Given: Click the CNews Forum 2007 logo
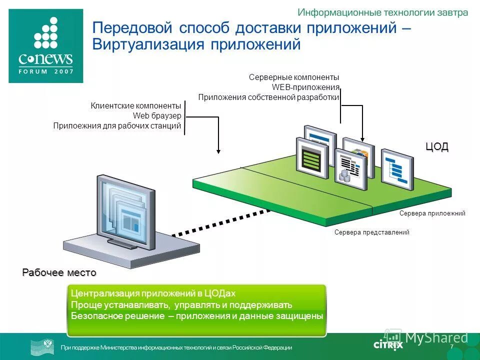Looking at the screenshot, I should coord(45,46).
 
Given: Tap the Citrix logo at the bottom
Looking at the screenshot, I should coord(388,344).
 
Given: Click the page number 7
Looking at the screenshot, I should coord(451,347).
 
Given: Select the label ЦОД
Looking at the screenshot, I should coord(437,146).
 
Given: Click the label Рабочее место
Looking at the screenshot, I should coord(59,272).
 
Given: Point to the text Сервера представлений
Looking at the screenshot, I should coord(371,232).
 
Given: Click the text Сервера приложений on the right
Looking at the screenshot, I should coord(432,213).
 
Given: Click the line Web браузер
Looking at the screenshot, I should coord(156,116).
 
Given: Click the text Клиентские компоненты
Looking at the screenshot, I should coord(135,106).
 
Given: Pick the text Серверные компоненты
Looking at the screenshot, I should coord(294,77).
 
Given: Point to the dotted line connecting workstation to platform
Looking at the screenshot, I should coord(220,222).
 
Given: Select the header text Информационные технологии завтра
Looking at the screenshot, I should coord(383,12).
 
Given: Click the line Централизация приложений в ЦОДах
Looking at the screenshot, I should coord(152,293).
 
